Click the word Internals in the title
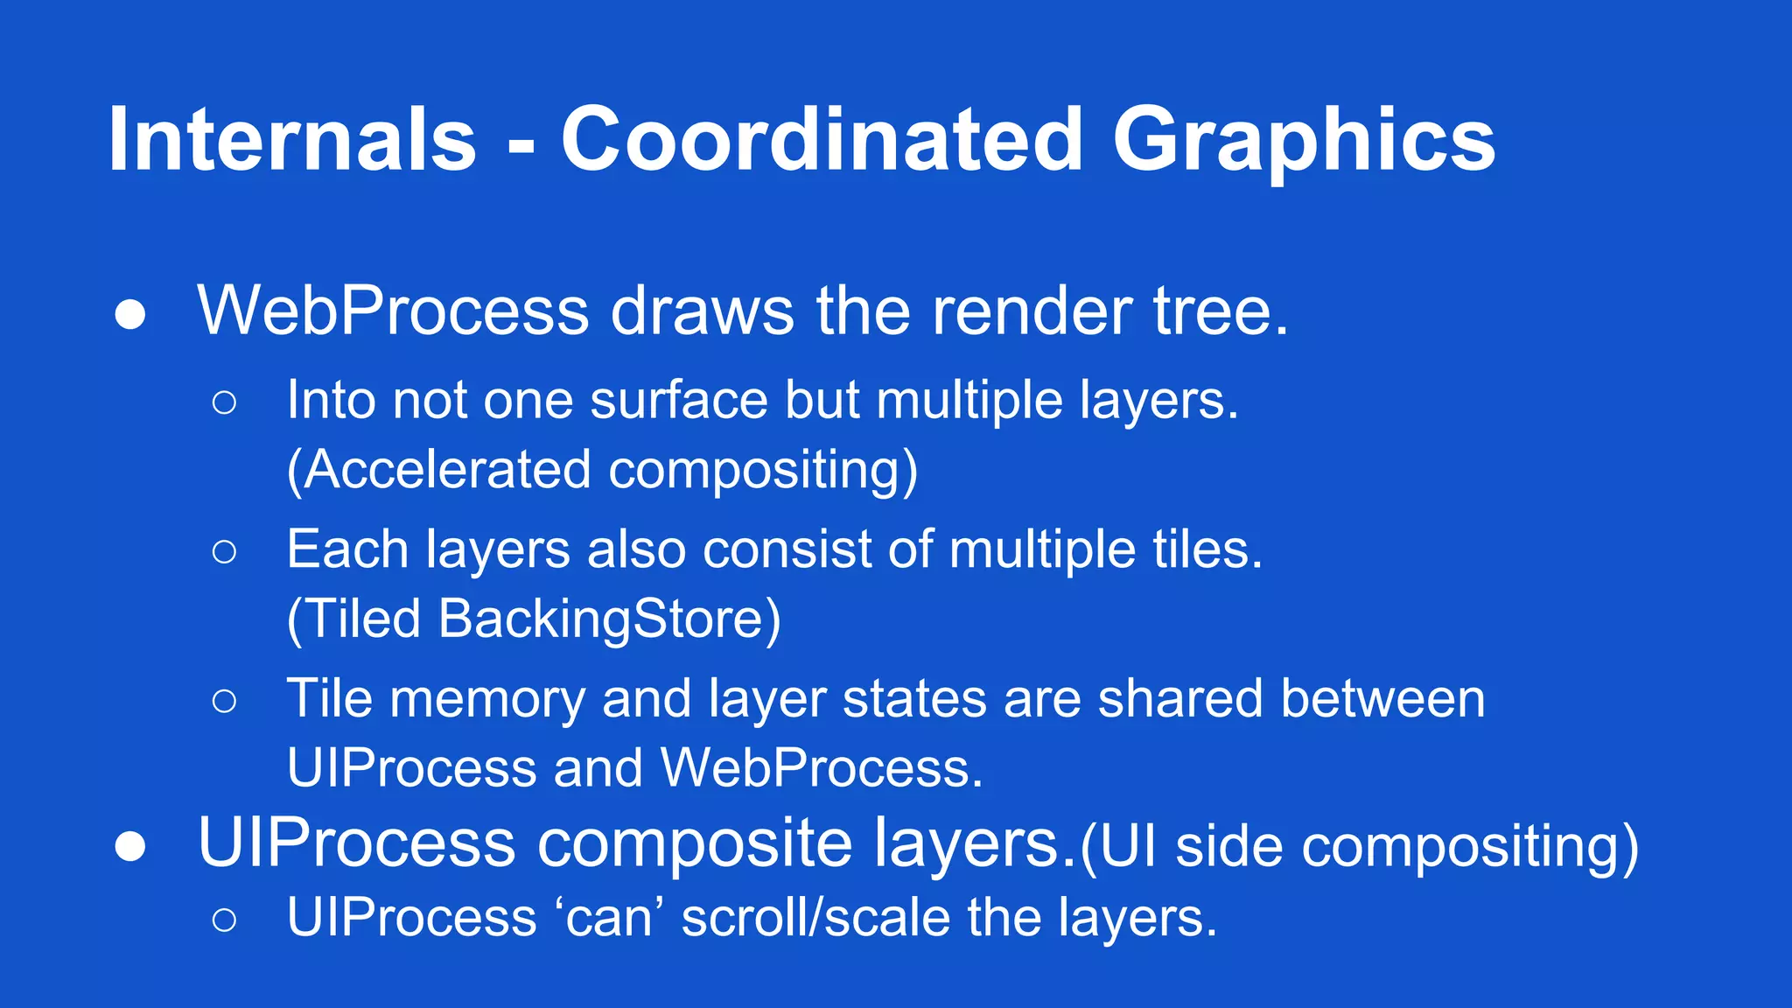pyautogui.click(x=292, y=140)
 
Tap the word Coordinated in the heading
pyautogui.click(x=822, y=140)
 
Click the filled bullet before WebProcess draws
pyautogui.click(x=130, y=315)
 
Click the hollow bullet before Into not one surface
pyautogui.click(x=224, y=402)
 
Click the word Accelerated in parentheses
pyautogui.click(x=447, y=470)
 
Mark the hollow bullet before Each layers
pyautogui.click(x=224, y=551)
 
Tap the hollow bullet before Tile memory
pyautogui.click(x=224, y=700)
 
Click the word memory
pyautogui.click(x=487, y=700)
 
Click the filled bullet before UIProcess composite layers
pyautogui.click(x=130, y=846)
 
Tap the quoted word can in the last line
pyautogui.click(x=609, y=919)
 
